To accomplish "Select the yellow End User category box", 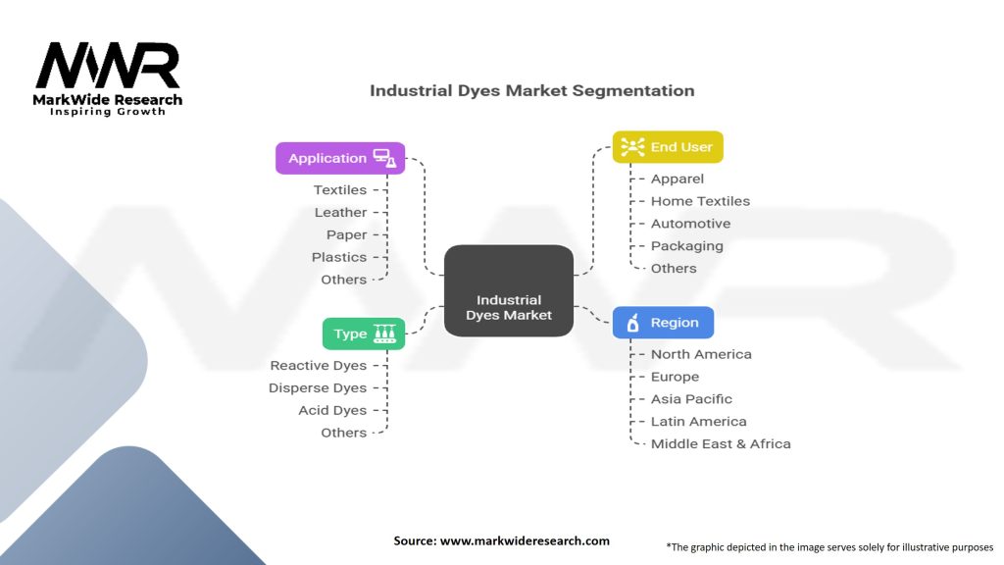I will [x=668, y=147].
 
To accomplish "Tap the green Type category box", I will [x=363, y=334].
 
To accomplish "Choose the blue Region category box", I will [x=663, y=322].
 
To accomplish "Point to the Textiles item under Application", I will [x=339, y=189].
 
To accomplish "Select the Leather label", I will [x=340, y=212].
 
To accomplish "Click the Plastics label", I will [x=338, y=257].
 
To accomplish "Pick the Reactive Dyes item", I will [x=318, y=365].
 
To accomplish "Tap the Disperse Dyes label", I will [x=317, y=387].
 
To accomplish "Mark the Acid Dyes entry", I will [x=331, y=410].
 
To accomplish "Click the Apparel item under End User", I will [x=678, y=179].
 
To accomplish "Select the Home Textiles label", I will [x=700, y=201].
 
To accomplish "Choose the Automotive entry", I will [x=690, y=224].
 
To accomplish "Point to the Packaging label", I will [x=686, y=245].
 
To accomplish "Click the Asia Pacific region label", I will [x=691, y=399].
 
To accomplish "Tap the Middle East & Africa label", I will [x=721, y=443].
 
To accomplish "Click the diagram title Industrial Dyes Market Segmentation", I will [x=531, y=90].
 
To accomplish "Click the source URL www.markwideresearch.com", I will [x=524, y=540].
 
